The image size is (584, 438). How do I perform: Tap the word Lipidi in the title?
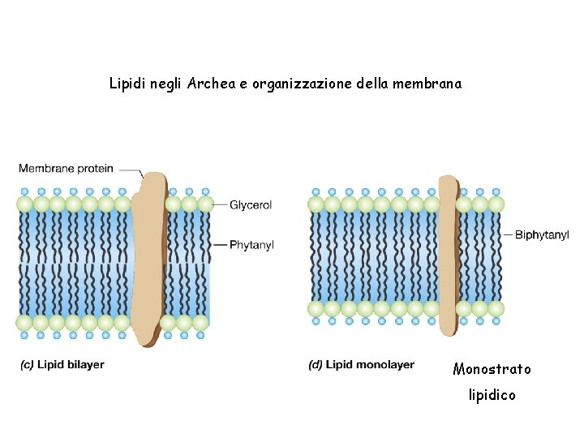pyautogui.click(x=127, y=83)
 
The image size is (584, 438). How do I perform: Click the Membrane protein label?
pyautogui.click(x=66, y=169)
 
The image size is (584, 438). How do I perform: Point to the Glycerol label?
pyautogui.click(x=251, y=205)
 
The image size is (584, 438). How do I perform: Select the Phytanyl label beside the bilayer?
pyautogui.click(x=251, y=244)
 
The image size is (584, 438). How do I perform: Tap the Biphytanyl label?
pyautogui.click(x=541, y=234)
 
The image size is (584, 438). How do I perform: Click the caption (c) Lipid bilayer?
pyautogui.click(x=62, y=365)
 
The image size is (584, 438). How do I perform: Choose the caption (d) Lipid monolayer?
pyautogui.click(x=361, y=365)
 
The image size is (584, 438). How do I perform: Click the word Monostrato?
pyautogui.click(x=492, y=370)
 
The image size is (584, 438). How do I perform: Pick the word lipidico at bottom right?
pyautogui.click(x=492, y=396)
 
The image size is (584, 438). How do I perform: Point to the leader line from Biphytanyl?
pyautogui.click(x=508, y=234)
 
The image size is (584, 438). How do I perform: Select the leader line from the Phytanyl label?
pyautogui.click(x=217, y=244)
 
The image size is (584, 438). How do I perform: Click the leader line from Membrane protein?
pyautogui.click(x=130, y=170)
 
